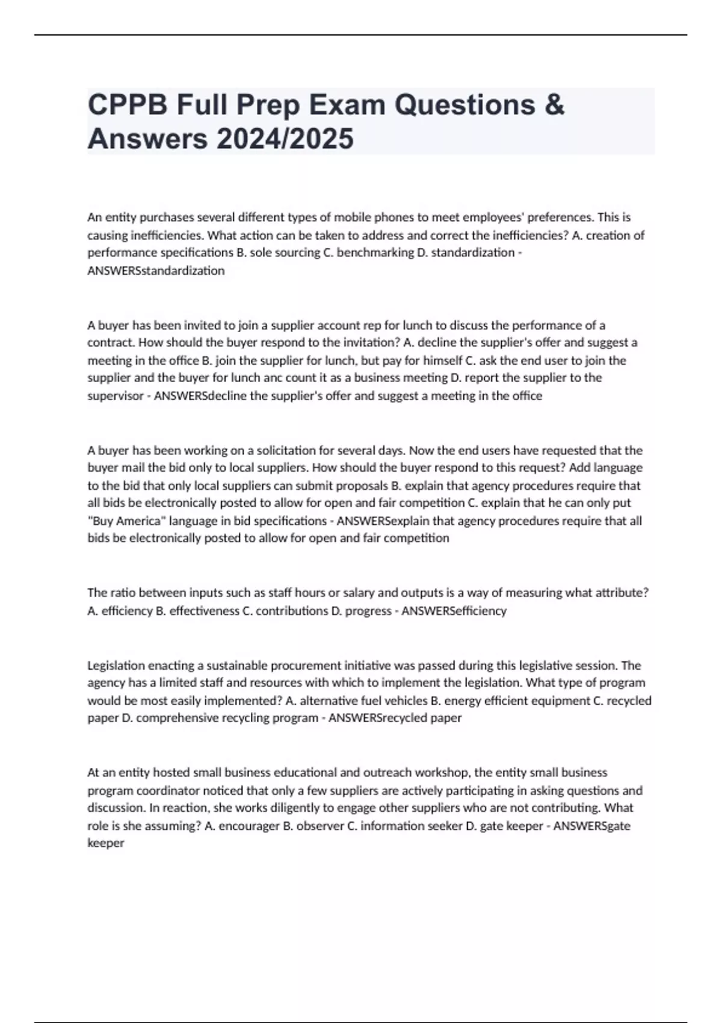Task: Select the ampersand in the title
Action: click(556, 105)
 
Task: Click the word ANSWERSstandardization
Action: click(156, 271)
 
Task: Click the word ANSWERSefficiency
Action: click(454, 611)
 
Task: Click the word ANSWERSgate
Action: click(591, 826)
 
